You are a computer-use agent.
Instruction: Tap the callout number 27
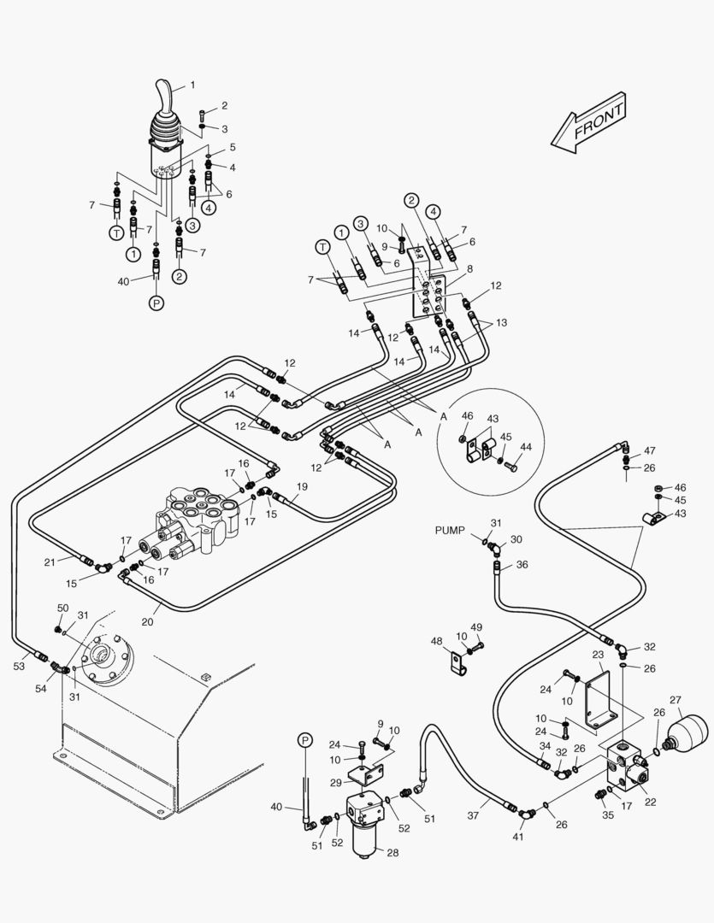(x=676, y=701)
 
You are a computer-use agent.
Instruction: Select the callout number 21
(x=50, y=561)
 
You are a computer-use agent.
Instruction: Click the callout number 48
(x=436, y=641)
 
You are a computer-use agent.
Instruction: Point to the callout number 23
(x=598, y=655)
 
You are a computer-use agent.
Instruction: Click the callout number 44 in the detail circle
(x=525, y=447)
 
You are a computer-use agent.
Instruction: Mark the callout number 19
(x=301, y=486)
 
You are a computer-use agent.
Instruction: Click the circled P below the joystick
(x=156, y=303)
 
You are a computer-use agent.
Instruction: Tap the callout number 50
(x=62, y=608)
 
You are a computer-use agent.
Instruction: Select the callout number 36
(x=522, y=564)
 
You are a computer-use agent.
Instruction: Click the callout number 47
(x=650, y=450)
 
